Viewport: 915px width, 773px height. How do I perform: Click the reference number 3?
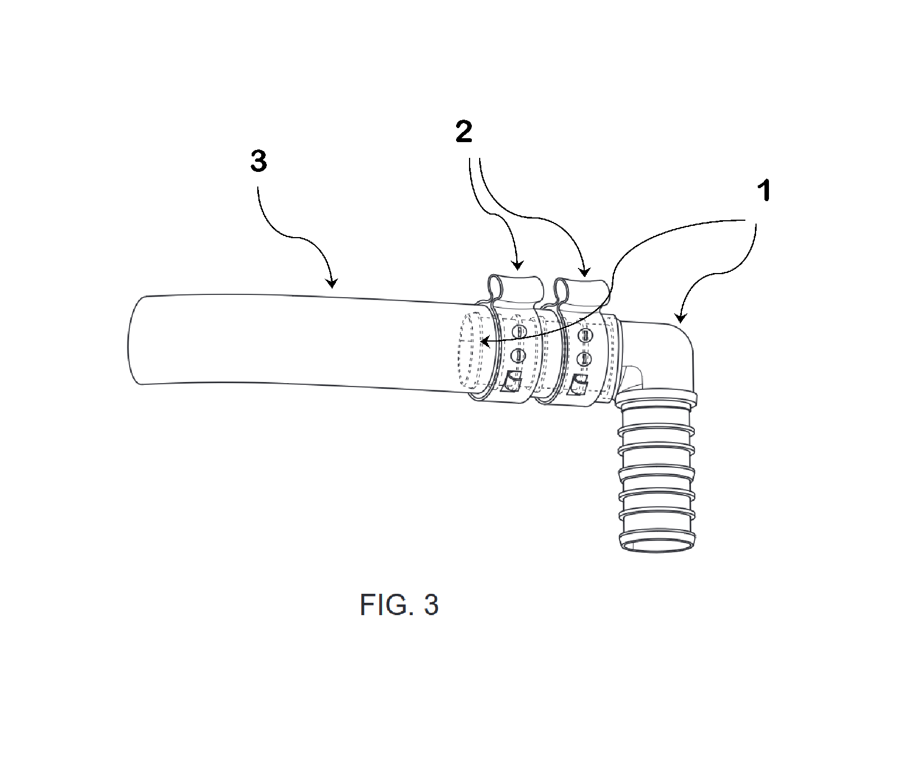coord(258,162)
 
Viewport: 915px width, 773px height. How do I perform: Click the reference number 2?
coord(463,133)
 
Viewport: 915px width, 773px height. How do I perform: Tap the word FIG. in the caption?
coord(379,605)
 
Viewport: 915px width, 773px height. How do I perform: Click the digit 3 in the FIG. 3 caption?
coord(431,605)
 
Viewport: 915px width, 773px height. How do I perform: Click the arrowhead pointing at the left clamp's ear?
coord(518,266)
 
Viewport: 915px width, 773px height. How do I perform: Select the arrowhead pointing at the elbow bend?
coord(680,319)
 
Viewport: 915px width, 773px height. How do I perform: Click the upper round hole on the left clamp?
coord(520,332)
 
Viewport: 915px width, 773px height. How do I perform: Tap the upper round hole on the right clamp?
coord(585,336)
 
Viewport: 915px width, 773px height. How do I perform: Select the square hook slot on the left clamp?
coord(512,382)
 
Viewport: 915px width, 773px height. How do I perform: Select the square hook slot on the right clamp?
coord(577,385)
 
